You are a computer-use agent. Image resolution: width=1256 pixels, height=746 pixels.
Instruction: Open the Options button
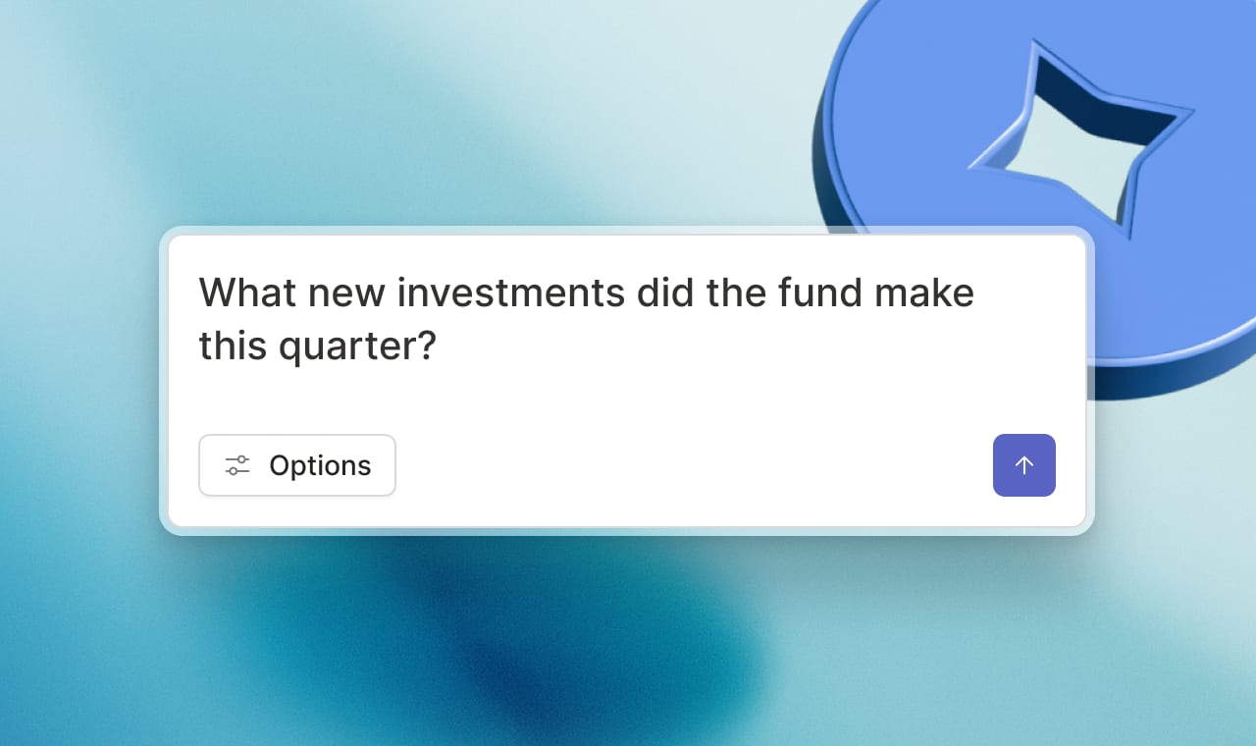click(x=297, y=465)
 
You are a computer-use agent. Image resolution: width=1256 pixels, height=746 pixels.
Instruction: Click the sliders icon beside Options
click(x=237, y=465)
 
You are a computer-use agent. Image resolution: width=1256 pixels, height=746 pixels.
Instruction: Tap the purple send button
click(x=1024, y=465)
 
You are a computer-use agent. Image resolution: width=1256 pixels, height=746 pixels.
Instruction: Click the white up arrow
click(x=1024, y=465)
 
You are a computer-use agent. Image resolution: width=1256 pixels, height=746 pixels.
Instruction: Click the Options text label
click(x=320, y=465)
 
